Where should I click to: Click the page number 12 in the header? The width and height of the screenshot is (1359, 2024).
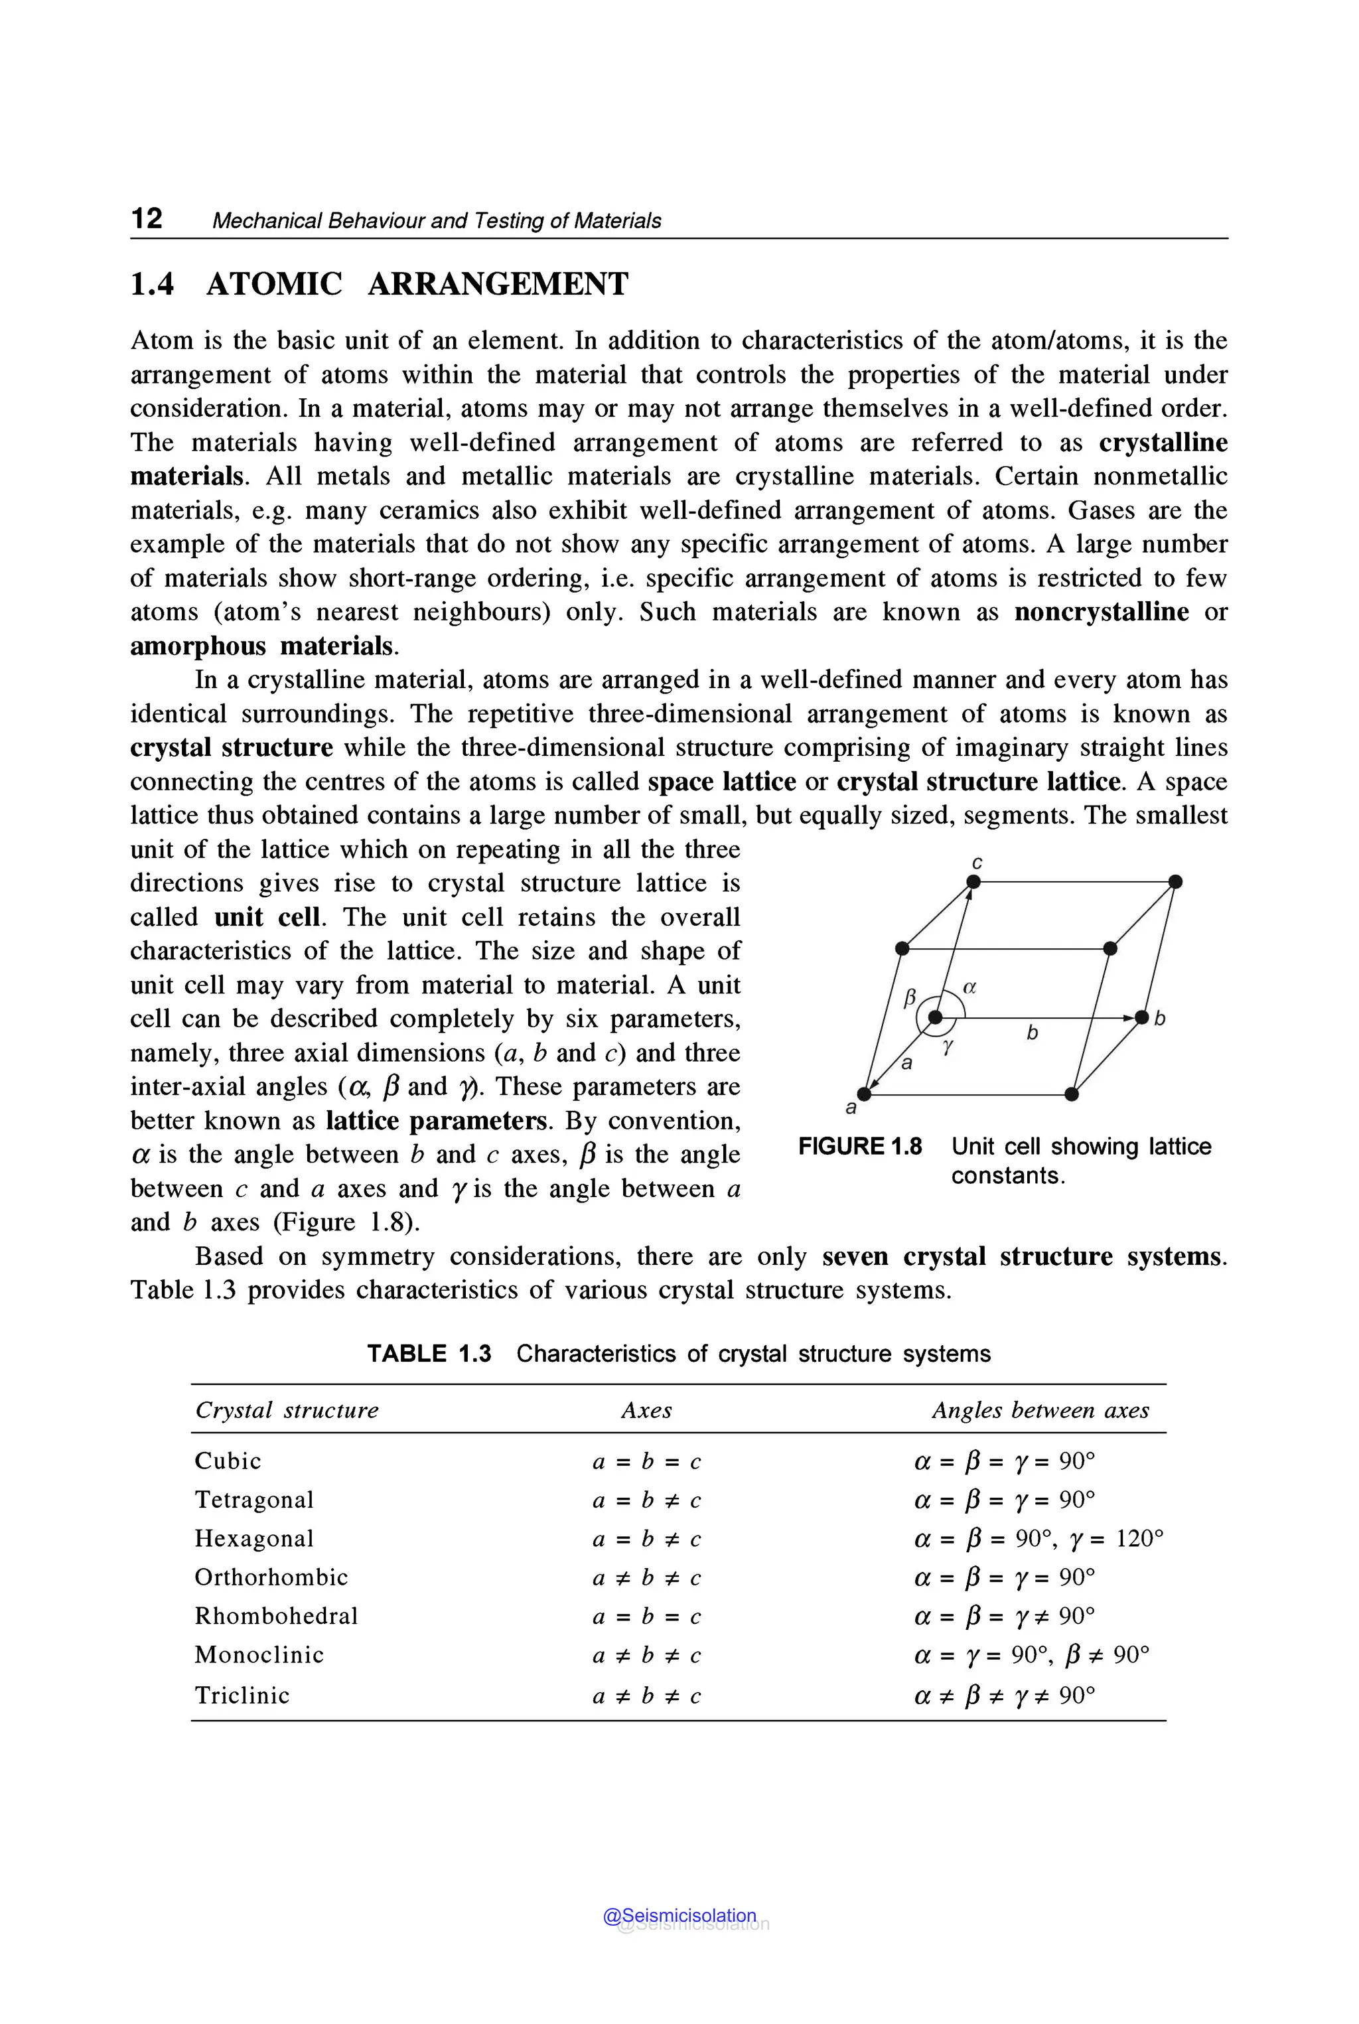coord(147,218)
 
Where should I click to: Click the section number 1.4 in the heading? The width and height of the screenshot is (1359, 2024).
coord(152,284)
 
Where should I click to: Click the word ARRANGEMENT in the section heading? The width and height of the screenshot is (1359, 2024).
coord(498,284)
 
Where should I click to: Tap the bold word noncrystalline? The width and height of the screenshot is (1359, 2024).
coord(1101,612)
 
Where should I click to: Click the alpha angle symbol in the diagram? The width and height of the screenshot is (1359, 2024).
coord(970,986)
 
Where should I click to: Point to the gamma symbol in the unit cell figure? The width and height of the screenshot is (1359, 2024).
coord(948,1047)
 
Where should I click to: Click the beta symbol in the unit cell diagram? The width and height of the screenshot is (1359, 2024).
coord(910,997)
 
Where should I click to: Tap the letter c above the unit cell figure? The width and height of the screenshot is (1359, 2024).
coord(977,863)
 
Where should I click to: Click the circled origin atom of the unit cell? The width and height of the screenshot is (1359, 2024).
coord(935,1017)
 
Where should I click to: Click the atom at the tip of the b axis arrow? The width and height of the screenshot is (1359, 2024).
coord(1141,1017)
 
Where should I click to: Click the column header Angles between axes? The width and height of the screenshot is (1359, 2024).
coord(1040,1410)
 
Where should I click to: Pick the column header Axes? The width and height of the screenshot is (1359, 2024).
coord(646,1410)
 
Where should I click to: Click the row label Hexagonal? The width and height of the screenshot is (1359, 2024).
coord(254,1539)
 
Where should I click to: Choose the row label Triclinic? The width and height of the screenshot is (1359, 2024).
coord(242,1696)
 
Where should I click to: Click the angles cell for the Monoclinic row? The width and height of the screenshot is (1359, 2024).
coord(1031,1656)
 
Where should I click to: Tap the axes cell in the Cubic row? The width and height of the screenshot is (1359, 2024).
coord(646,1461)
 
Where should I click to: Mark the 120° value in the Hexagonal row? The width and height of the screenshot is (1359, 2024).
coord(1139,1539)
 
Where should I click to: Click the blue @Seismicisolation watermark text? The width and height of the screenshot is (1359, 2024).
coord(679,1916)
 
